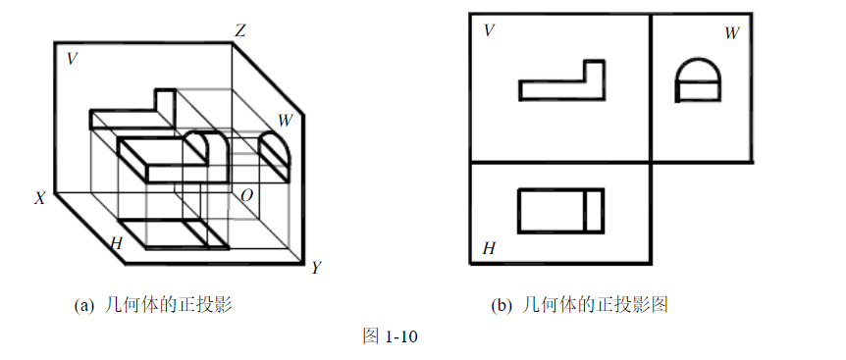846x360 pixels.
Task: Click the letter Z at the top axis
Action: tap(239, 31)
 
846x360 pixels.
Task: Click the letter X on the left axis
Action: tap(40, 198)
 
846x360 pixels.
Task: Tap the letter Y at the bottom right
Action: tap(316, 268)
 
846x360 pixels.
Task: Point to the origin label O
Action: tap(246, 196)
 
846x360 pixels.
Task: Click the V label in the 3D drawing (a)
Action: tap(72, 59)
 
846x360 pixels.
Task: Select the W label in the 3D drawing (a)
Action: tap(285, 121)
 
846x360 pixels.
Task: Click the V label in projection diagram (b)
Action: tap(488, 31)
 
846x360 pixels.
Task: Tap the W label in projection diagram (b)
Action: tap(731, 33)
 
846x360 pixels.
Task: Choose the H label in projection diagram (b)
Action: tap(488, 249)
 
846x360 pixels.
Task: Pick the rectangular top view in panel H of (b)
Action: tap(560, 209)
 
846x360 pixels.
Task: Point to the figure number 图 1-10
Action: tap(391, 336)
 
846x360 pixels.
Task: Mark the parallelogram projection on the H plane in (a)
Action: tap(177, 233)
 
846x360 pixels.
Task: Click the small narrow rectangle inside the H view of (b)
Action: tap(594, 209)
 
